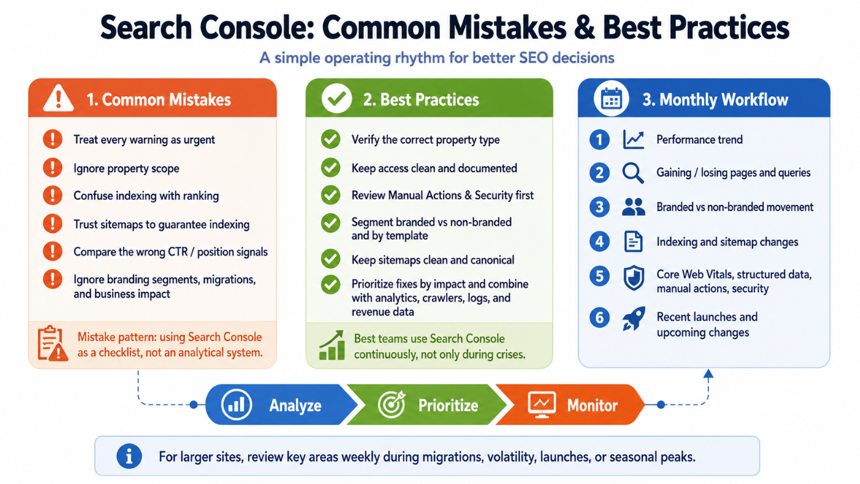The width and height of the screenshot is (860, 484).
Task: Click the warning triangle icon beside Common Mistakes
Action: tap(58, 99)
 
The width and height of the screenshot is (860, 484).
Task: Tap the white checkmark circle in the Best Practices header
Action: tap(337, 98)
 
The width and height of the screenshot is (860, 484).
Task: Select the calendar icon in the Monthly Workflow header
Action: tap(611, 98)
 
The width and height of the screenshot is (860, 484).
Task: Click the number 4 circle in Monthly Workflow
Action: tap(599, 241)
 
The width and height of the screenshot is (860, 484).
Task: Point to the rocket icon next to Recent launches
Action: tap(633, 318)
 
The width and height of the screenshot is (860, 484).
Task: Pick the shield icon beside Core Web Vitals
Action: tap(633, 278)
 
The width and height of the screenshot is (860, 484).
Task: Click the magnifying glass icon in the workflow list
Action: tap(633, 173)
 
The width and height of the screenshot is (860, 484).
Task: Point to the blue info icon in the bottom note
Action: tap(129, 456)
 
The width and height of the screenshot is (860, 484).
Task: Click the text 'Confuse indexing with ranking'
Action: tap(146, 195)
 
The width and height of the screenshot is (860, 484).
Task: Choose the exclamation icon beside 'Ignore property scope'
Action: tap(52, 168)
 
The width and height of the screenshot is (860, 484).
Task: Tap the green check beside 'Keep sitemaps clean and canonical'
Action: tap(330, 258)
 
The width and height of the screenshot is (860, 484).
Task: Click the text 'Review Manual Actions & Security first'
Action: tap(443, 195)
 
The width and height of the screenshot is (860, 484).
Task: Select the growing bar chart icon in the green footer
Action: tap(332, 345)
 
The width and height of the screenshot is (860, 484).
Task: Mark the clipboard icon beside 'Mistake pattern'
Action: tap(52, 344)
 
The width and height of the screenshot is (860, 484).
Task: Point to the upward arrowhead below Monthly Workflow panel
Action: tap(708, 373)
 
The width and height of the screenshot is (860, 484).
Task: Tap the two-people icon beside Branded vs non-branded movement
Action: tap(633, 207)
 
